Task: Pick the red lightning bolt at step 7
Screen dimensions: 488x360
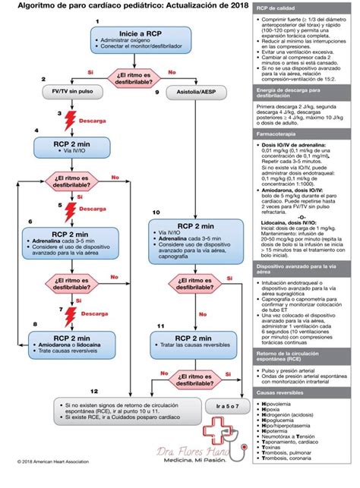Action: tap(71, 313)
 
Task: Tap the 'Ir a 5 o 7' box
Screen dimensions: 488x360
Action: tap(227, 407)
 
